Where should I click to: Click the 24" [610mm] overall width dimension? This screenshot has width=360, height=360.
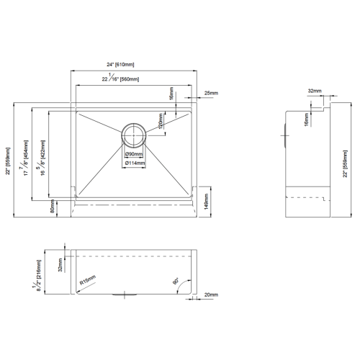tap(135, 65)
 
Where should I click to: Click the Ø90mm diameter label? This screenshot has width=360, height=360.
tap(134, 155)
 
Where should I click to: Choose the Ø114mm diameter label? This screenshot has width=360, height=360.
tap(134, 163)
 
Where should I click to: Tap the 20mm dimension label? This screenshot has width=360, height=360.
tap(211, 295)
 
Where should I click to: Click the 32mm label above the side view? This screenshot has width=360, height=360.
tap(314, 91)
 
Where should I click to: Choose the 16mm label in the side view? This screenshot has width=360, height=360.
tap(305, 119)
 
